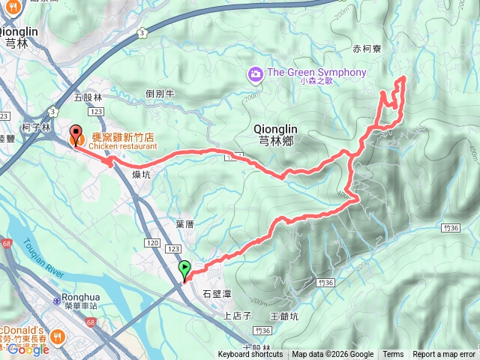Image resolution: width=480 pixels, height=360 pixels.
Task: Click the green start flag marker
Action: [x=184, y=268]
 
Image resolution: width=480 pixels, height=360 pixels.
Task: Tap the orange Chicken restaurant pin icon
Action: [x=76, y=136]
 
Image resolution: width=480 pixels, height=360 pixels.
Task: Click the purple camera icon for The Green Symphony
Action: [x=256, y=73]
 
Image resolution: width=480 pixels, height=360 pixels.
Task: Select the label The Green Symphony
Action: [x=316, y=73]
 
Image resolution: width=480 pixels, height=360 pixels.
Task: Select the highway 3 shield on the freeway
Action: [x=141, y=33]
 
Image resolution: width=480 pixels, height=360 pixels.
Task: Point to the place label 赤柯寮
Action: [x=367, y=49]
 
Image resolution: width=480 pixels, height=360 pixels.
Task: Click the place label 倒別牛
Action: [x=160, y=94]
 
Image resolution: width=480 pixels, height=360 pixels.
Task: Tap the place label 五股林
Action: [x=88, y=97]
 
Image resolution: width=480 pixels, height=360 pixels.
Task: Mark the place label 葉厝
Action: [x=184, y=224]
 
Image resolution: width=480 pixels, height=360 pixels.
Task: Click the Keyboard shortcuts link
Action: [x=250, y=355]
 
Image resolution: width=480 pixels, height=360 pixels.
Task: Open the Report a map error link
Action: [x=444, y=355]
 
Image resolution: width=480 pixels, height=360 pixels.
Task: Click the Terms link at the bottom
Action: [x=393, y=355]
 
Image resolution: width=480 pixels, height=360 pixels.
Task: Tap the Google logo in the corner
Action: [x=28, y=349]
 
